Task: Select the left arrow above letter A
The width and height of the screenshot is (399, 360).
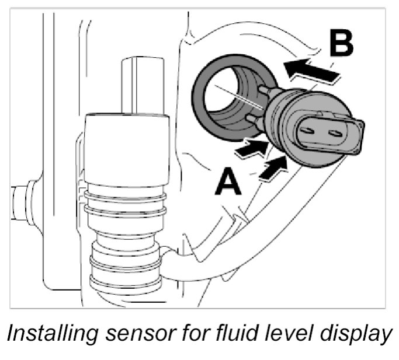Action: pos(251,151)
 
